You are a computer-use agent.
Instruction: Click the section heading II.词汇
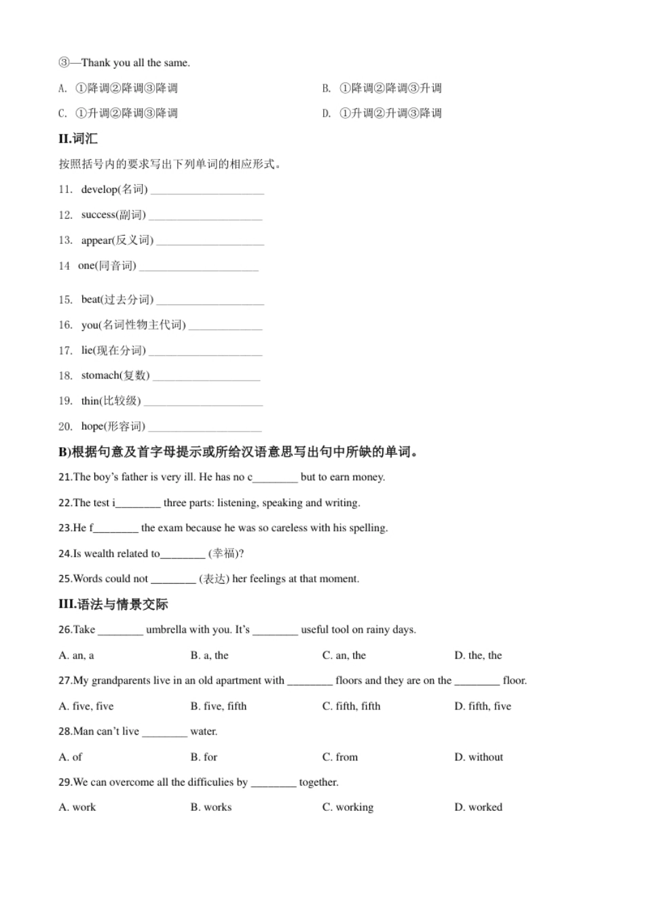click(x=78, y=139)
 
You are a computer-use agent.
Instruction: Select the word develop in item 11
click(x=99, y=190)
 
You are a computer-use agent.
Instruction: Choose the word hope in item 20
click(x=92, y=427)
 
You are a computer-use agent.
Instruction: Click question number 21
click(x=64, y=477)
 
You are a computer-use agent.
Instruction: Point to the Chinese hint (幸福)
click(x=223, y=554)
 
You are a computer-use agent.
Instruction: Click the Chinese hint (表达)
click(x=214, y=579)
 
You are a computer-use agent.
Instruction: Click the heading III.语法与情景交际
click(x=113, y=604)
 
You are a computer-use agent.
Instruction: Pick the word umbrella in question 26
click(x=166, y=630)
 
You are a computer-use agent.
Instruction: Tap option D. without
click(x=479, y=757)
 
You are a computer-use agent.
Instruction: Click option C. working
click(x=348, y=807)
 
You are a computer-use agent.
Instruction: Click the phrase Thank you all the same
click(x=135, y=63)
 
